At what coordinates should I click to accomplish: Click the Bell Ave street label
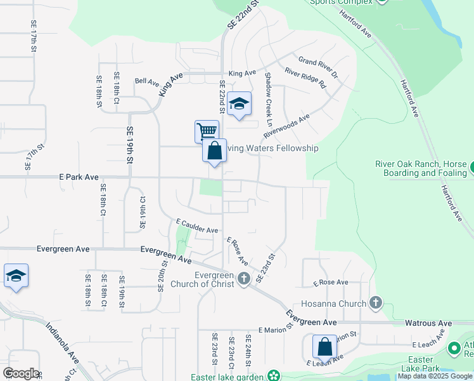coord(147,81)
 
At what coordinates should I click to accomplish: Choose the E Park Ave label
coord(79,177)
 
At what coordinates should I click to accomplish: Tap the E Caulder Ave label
coord(197,226)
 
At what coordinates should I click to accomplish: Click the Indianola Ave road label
coord(62,343)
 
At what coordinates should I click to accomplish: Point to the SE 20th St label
coord(164,272)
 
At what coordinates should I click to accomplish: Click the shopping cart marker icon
coord(207,131)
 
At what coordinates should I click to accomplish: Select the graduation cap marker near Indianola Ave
coord(16,276)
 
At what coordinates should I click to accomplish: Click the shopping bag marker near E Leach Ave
coord(324,347)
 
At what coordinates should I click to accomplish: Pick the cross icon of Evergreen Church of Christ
coord(243,278)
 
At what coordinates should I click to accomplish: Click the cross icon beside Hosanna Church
coord(376,303)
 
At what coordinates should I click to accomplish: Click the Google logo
coord(21,373)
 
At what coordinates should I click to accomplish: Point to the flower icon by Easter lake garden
coord(273,376)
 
